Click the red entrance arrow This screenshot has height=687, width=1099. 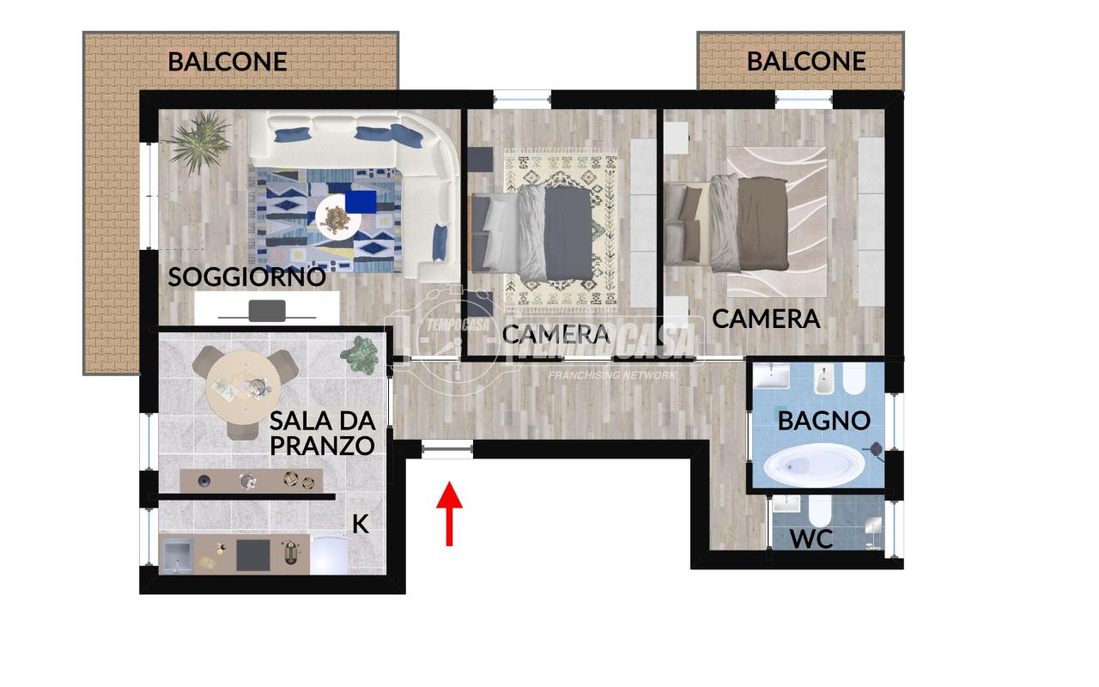[449, 514]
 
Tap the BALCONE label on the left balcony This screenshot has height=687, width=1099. [227, 62]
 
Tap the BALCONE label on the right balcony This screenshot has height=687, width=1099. [805, 61]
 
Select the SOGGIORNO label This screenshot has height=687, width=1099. [246, 277]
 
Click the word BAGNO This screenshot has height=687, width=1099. [823, 421]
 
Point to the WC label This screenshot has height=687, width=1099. [811, 540]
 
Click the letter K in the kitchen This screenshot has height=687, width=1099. [361, 523]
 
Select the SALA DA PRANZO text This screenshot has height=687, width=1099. [322, 433]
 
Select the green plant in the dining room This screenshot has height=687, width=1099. [360, 354]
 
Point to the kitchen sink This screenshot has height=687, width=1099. [179, 555]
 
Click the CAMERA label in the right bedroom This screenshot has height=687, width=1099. [766, 319]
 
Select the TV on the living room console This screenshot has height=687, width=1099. [267, 310]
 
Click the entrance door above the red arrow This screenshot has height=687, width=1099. [447, 448]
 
